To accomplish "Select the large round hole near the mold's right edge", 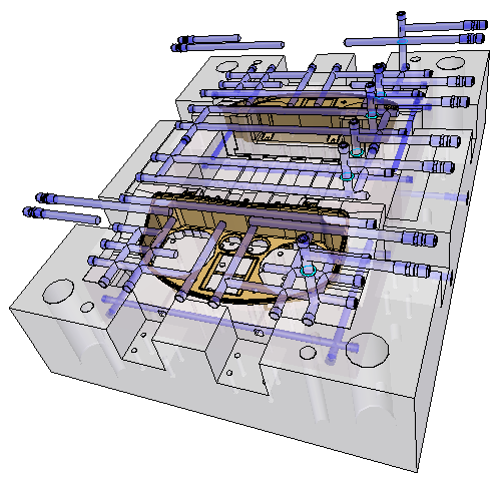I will tap(377, 347).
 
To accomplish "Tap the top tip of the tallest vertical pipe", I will tap(401, 16).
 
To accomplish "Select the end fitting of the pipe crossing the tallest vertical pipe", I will tap(468, 40).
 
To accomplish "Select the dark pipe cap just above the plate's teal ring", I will tap(302, 241).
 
